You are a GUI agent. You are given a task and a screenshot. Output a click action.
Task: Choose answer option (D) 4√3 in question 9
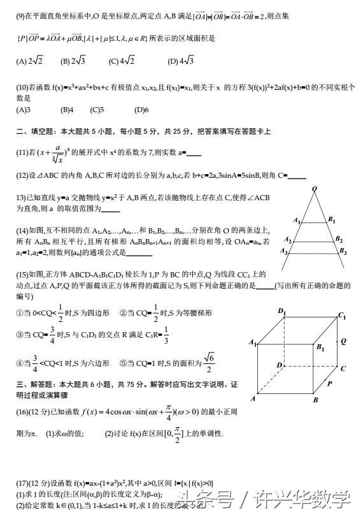click(x=181, y=62)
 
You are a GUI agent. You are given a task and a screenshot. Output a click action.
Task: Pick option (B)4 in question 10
click(x=67, y=110)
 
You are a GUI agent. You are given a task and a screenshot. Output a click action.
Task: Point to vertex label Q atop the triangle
click(x=314, y=189)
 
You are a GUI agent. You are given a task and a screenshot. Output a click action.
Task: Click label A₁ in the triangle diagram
click(x=297, y=221)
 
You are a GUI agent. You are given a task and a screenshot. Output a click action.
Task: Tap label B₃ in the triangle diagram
click(x=343, y=252)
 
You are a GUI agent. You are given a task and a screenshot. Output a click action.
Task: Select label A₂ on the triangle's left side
click(x=288, y=240)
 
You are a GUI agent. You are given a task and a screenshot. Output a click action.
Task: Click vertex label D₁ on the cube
click(x=281, y=310)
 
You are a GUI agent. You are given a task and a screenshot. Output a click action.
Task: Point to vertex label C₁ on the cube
click(x=342, y=316)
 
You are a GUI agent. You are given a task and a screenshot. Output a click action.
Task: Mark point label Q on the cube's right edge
click(x=343, y=341)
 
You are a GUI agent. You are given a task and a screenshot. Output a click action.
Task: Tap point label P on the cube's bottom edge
click(x=329, y=384)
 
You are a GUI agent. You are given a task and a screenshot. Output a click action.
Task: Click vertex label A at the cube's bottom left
click(x=253, y=398)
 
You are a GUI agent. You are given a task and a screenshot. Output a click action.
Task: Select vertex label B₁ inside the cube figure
click(x=320, y=347)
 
